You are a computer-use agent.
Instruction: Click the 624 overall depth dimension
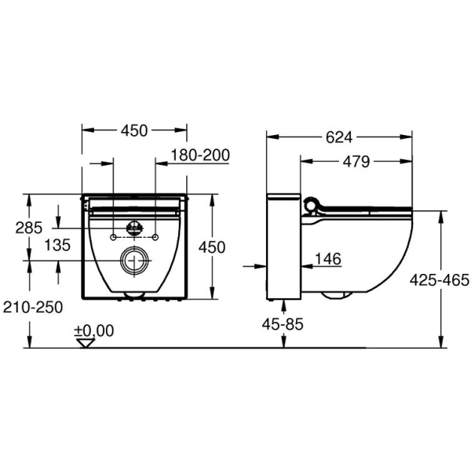(338, 137)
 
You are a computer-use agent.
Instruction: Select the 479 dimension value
(356, 162)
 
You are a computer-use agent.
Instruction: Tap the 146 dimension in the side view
(329, 258)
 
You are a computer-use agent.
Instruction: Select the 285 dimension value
(29, 228)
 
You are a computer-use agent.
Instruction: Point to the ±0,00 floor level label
(93, 330)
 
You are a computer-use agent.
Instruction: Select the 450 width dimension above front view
(134, 130)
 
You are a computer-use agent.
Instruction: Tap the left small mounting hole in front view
(114, 236)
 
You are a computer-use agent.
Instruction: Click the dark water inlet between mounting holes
(134, 229)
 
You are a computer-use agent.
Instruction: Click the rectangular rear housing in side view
(284, 246)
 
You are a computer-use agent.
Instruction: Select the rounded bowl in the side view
(357, 251)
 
